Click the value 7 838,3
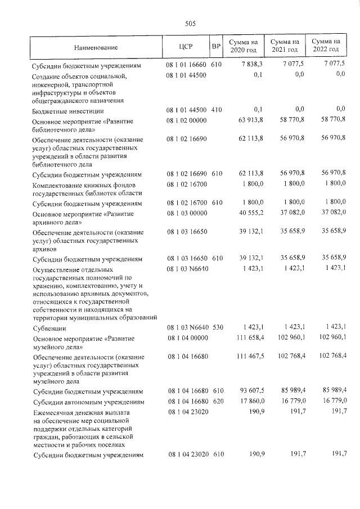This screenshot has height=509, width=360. pos(251,65)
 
